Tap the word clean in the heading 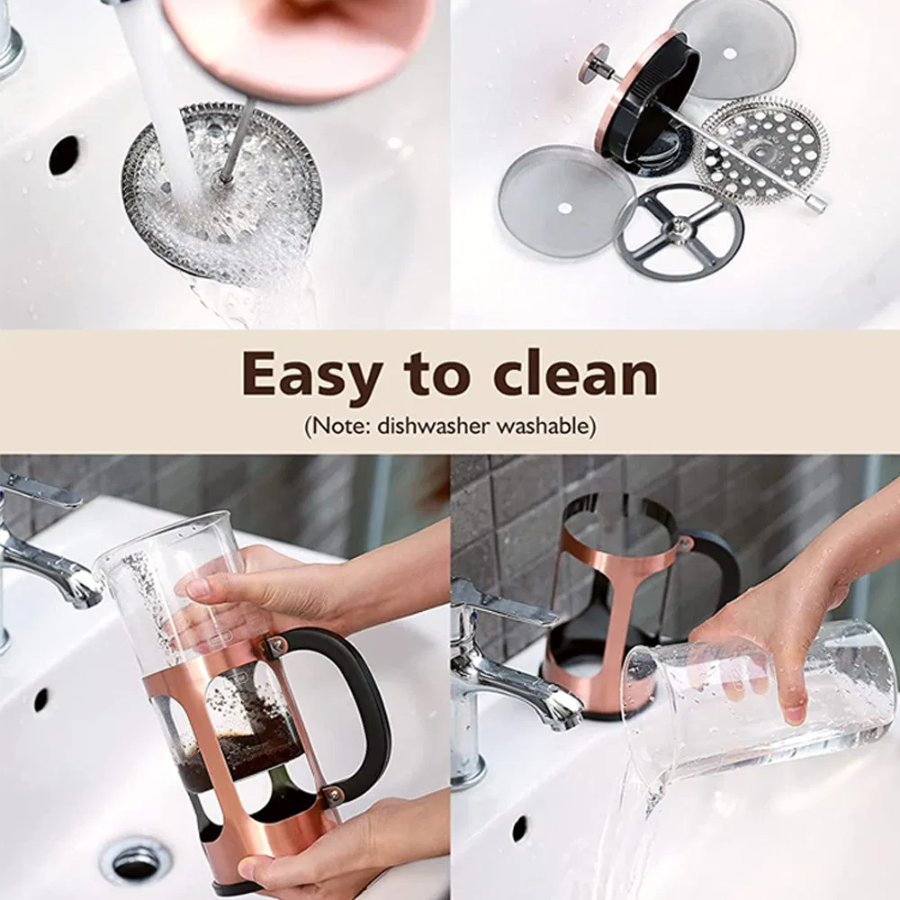click(x=576, y=374)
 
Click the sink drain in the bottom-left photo click(x=136, y=861)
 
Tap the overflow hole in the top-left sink click(x=64, y=156)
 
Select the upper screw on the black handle click(x=276, y=645)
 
